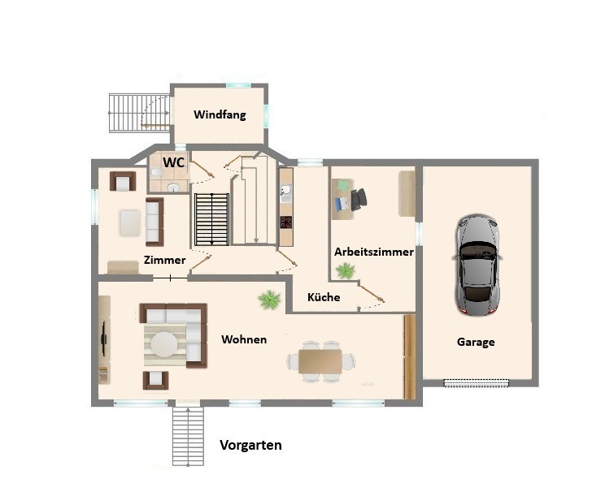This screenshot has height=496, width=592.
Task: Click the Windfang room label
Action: [x=220, y=114]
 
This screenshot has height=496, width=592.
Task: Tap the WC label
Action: [x=174, y=162]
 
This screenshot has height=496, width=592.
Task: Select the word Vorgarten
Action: [x=250, y=445]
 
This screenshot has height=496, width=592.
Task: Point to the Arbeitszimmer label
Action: [x=374, y=252]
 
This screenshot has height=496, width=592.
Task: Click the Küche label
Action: [x=324, y=297]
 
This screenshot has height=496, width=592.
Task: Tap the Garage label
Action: [x=476, y=343]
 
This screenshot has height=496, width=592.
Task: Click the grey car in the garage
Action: [x=477, y=265]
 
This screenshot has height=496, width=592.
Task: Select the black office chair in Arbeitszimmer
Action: [x=359, y=199]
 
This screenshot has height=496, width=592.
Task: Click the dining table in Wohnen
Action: [x=320, y=361]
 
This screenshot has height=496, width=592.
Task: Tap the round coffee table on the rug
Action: [x=164, y=344]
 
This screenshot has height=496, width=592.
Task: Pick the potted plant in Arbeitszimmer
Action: [x=346, y=270]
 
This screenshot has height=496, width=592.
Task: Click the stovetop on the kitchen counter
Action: [x=286, y=222]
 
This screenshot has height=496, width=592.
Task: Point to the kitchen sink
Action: [x=285, y=190]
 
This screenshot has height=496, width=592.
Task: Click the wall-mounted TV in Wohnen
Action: [x=104, y=339]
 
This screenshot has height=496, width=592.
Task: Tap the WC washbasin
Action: [x=174, y=188]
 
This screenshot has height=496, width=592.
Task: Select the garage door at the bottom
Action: [x=476, y=383]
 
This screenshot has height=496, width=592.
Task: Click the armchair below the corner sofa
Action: [x=155, y=380]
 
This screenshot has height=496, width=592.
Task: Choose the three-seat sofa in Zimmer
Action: [x=155, y=222]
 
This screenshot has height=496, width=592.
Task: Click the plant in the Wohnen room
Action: [x=269, y=300]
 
